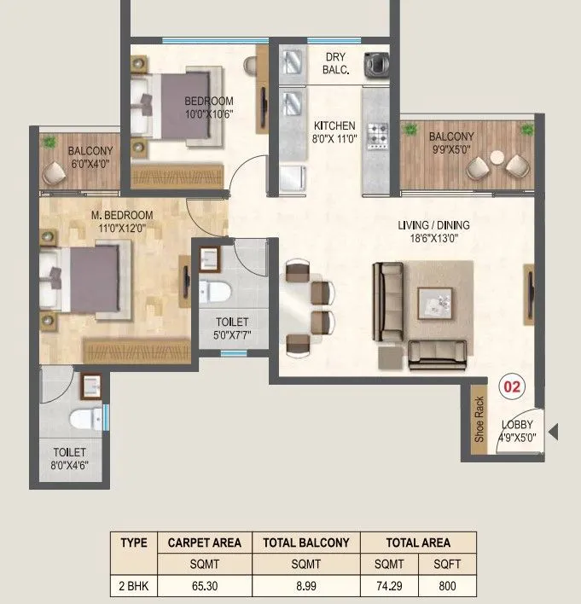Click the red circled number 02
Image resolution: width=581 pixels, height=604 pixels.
pyautogui.click(x=512, y=386)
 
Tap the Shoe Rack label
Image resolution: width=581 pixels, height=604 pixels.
pyautogui.click(x=479, y=419)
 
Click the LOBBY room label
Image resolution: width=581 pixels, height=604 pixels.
pyautogui.click(x=517, y=425)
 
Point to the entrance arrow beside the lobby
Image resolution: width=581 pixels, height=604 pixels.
pyautogui.click(x=553, y=433)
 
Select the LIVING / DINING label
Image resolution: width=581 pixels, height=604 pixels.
pyautogui.click(x=433, y=225)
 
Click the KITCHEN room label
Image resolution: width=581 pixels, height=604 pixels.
pyautogui.click(x=334, y=125)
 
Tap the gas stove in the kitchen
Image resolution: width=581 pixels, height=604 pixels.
pyautogui.click(x=377, y=135)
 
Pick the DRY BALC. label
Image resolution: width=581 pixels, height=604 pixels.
pyautogui.click(x=335, y=65)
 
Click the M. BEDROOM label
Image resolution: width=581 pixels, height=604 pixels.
pyautogui.click(x=121, y=214)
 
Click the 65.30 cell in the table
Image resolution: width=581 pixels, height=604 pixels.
pyautogui.click(x=204, y=587)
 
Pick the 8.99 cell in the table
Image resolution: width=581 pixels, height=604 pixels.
pyautogui.click(x=306, y=587)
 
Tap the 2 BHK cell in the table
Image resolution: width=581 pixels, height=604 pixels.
pyautogui.click(x=133, y=587)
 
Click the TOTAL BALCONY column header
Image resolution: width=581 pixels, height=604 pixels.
pyautogui.click(x=306, y=543)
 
